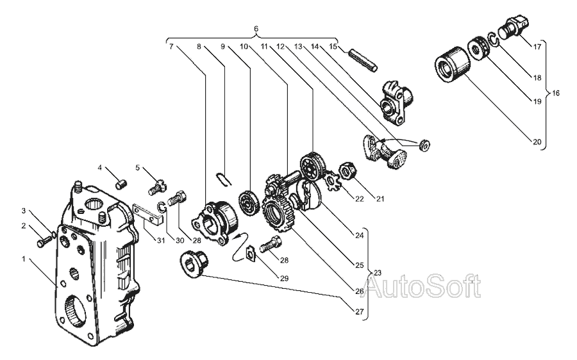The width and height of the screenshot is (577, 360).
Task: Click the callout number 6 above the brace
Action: click(256, 29)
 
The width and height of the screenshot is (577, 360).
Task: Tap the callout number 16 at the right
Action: click(556, 93)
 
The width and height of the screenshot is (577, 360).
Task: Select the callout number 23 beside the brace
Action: click(378, 273)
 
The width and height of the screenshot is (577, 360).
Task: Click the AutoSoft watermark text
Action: click(423, 286)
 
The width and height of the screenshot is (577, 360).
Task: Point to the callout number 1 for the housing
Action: click(24, 259)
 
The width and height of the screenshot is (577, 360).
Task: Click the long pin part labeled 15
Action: click(362, 61)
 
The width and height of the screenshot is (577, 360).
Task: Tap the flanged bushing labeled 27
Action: click(194, 261)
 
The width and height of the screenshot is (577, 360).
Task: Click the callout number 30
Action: click(180, 240)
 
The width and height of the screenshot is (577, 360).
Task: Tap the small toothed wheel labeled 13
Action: click(424, 145)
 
